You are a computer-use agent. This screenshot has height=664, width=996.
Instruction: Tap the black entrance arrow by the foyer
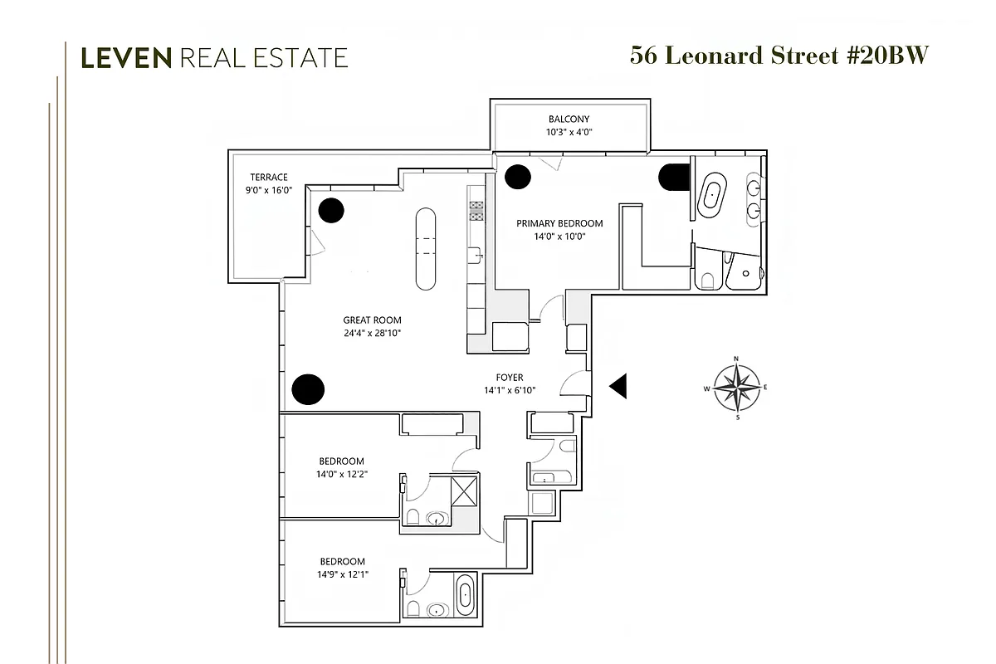(618, 385)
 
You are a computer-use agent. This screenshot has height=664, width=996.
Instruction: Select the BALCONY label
(569, 120)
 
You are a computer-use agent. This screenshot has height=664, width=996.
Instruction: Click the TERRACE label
(270, 177)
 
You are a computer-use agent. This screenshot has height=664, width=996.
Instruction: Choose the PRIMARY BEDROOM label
(559, 223)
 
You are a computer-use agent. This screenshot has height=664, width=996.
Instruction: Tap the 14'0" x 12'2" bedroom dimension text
(341, 476)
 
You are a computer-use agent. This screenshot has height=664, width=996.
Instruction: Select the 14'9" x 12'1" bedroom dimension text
(341, 574)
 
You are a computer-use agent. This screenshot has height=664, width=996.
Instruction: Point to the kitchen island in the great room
(425, 247)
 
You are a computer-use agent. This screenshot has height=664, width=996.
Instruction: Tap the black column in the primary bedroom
(519, 175)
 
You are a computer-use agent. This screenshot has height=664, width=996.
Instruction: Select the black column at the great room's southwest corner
(308, 388)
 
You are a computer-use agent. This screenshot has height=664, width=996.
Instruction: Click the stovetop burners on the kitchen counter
(476, 211)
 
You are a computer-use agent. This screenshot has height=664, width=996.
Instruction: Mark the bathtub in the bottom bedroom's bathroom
(466, 594)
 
